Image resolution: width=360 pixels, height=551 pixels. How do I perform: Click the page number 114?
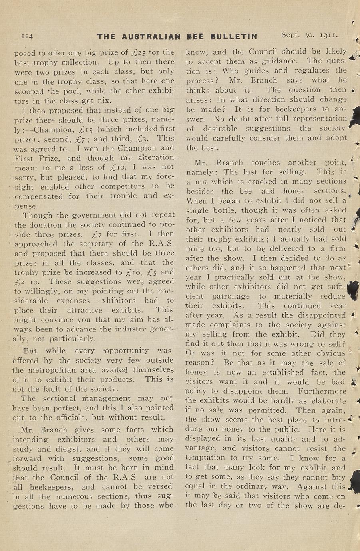pyautogui.click(x=27, y=36)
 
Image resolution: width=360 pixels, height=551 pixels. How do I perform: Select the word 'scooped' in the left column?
pyautogui.click(x=28, y=91)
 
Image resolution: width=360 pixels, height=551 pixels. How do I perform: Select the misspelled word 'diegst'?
pyautogui.click(x=49, y=448)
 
